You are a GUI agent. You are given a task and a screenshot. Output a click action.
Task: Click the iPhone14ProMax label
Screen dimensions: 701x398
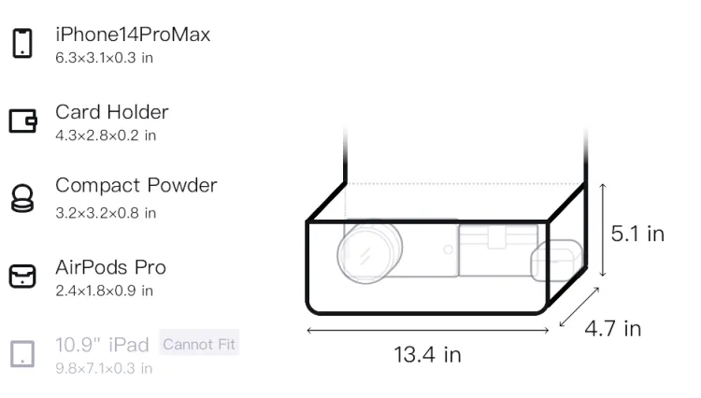(133, 35)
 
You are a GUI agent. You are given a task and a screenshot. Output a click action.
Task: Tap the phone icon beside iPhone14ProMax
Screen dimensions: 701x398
(22, 43)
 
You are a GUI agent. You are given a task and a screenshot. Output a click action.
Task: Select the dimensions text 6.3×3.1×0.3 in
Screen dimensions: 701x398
(104, 58)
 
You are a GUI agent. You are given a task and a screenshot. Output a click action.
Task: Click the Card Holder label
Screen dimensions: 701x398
(112, 112)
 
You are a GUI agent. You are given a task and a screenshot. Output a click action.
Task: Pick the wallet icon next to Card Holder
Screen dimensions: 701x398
(22, 121)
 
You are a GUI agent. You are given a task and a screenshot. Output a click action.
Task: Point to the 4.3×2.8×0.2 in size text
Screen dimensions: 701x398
(106, 135)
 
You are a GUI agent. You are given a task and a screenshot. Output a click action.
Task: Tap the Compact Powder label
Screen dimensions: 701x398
(136, 185)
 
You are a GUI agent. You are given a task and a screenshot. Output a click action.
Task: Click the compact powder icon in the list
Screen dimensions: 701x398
(22, 198)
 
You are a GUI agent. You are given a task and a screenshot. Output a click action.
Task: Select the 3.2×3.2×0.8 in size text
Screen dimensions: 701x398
(106, 213)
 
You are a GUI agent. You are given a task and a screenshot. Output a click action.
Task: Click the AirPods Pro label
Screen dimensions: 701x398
(111, 267)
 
